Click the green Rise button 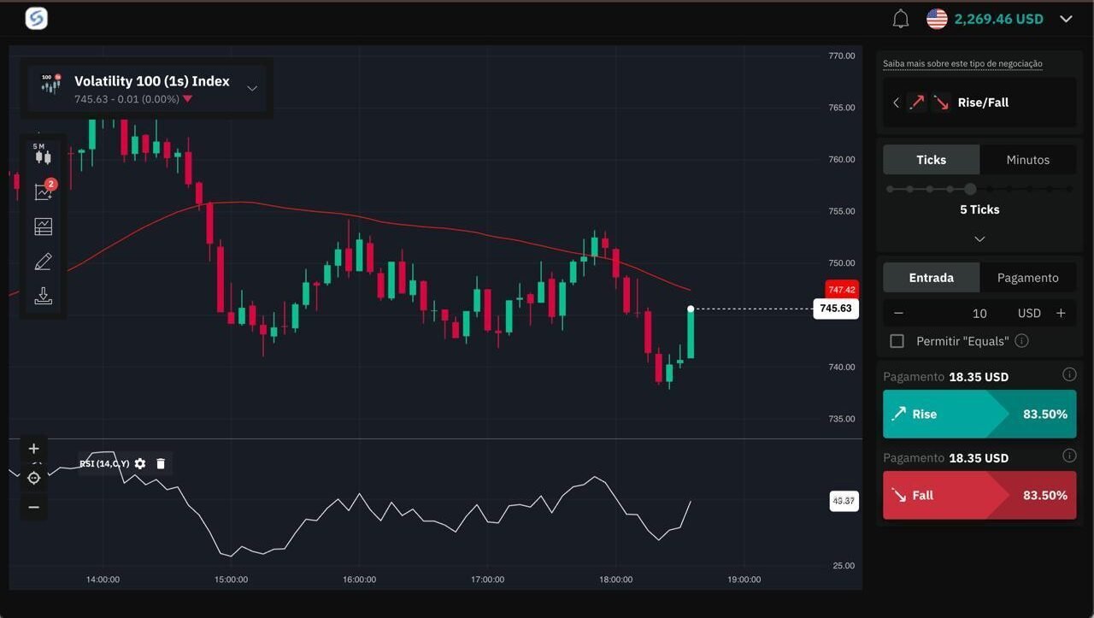pyautogui.click(x=979, y=414)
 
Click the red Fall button pyautogui.click(x=979, y=495)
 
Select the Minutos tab pyautogui.click(x=1027, y=160)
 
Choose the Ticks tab pyautogui.click(x=931, y=160)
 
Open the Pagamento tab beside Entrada pyautogui.click(x=1027, y=278)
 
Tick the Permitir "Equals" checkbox pyautogui.click(x=897, y=341)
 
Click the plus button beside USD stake pyautogui.click(x=1061, y=313)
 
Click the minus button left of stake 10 pyautogui.click(x=898, y=313)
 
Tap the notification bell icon pyautogui.click(x=900, y=19)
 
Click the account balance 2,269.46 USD pyautogui.click(x=998, y=19)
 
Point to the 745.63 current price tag pyautogui.click(x=835, y=309)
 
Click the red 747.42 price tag pyautogui.click(x=841, y=290)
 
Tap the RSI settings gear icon pyautogui.click(x=140, y=463)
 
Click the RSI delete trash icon pyautogui.click(x=161, y=463)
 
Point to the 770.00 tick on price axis pyautogui.click(x=841, y=56)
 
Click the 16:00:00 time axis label pyautogui.click(x=359, y=580)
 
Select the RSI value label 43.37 pyautogui.click(x=844, y=501)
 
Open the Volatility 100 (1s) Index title pyautogui.click(x=152, y=81)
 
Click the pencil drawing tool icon pyautogui.click(x=43, y=262)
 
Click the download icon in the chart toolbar pyautogui.click(x=43, y=296)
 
